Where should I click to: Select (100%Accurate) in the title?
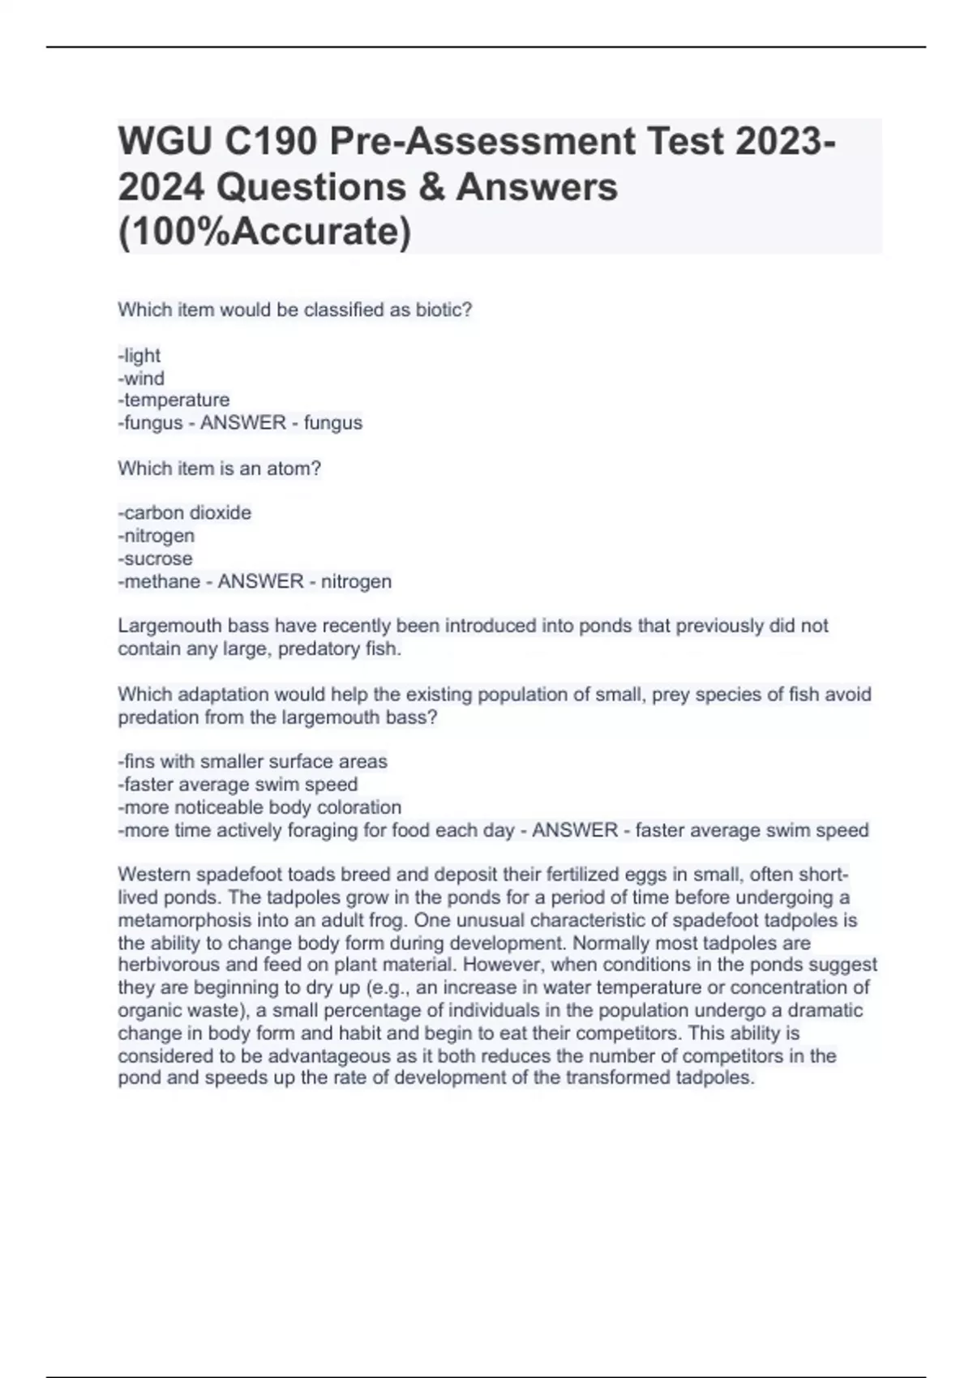click(264, 232)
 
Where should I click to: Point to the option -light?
click(139, 356)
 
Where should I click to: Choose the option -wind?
click(141, 379)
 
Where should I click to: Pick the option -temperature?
click(174, 400)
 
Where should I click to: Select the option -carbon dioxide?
click(185, 513)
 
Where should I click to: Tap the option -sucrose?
click(156, 558)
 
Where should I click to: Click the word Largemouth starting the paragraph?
click(170, 626)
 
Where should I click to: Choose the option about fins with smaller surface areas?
click(253, 762)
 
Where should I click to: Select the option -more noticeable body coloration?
click(259, 807)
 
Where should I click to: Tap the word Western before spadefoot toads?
click(155, 875)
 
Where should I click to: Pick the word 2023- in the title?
click(787, 142)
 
